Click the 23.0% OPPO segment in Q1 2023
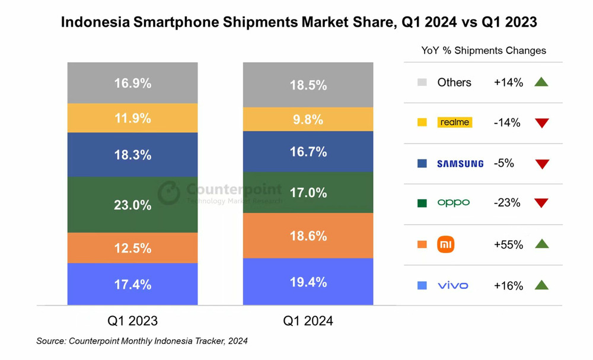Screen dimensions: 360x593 click(132, 205)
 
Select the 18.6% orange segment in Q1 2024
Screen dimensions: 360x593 click(308, 235)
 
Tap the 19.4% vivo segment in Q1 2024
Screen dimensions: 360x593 click(308, 282)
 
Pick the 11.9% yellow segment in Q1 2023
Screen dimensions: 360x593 click(132, 117)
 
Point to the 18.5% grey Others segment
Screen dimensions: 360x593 click(308, 85)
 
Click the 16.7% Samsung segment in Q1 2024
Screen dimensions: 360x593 click(308, 151)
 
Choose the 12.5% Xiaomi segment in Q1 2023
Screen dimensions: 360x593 click(132, 247)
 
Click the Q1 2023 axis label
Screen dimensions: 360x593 click(132, 321)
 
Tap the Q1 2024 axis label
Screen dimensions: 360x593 click(308, 321)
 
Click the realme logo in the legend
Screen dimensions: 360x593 click(454, 123)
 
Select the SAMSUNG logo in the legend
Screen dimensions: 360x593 click(460, 163)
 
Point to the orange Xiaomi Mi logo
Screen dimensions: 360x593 click(445, 244)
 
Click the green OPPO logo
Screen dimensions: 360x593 click(453, 203)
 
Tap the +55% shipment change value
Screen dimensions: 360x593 click(508, 244)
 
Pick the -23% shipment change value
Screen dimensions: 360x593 click(507, 203)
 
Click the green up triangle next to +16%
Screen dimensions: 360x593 click(541, 285)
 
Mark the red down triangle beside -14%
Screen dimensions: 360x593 click(541, 123)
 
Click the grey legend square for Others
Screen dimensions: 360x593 click(422, 82)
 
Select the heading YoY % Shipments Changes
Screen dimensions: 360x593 click(484, 50)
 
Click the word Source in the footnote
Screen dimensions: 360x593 click(50, 341)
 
